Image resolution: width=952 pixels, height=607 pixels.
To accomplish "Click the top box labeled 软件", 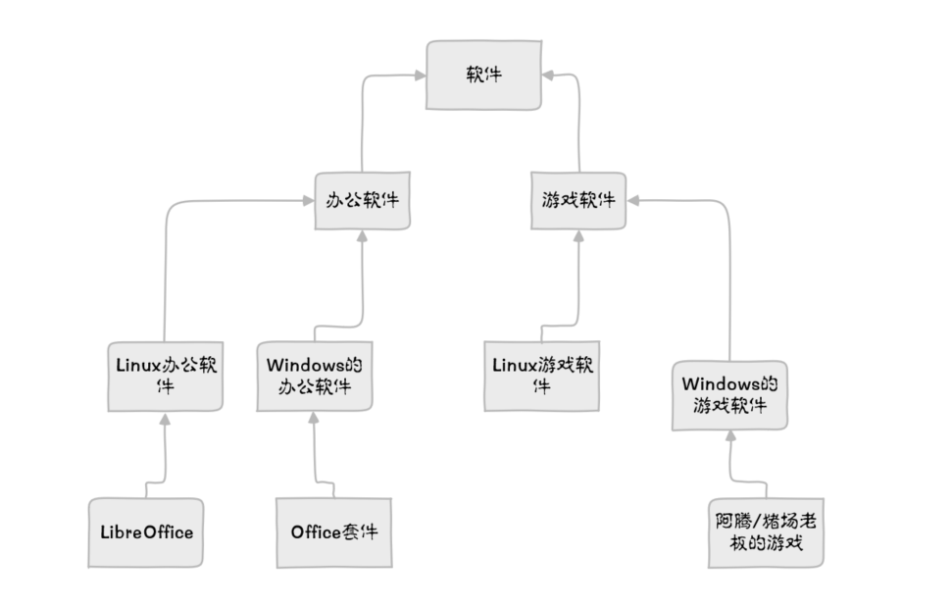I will point(483,75).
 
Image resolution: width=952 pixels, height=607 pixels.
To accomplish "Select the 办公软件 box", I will point(362,201).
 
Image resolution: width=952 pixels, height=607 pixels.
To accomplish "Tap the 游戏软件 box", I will point(578,201).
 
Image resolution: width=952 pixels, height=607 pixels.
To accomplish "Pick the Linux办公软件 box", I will point(165,376).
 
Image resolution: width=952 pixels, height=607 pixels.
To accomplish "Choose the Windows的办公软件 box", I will point(314,376).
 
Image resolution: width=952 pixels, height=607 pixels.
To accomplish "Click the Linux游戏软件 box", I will point(541,376).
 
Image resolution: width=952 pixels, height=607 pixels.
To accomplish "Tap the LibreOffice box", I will point(146,532).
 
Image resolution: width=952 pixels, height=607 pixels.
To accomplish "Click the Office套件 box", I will point(333,532).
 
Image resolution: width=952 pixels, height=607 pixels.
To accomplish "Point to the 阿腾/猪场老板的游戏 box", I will point(766,531).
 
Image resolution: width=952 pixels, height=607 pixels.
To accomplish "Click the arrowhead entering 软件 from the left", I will point(419,75).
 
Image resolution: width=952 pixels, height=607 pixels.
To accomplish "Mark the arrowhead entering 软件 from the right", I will point(548,75).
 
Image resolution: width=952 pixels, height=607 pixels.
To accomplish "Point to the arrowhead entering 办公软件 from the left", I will point(308,201).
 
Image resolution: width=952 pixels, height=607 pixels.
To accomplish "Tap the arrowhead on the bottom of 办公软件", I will point(362,236).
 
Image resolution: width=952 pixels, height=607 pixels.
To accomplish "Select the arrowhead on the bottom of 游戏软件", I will point(578,236).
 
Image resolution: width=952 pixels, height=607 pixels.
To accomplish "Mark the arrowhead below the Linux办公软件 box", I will point(165,419).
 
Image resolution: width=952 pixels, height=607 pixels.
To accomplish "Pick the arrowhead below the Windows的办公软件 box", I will point(314,418).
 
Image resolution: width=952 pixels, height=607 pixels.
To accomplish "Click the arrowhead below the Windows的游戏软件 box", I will point(729,436).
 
